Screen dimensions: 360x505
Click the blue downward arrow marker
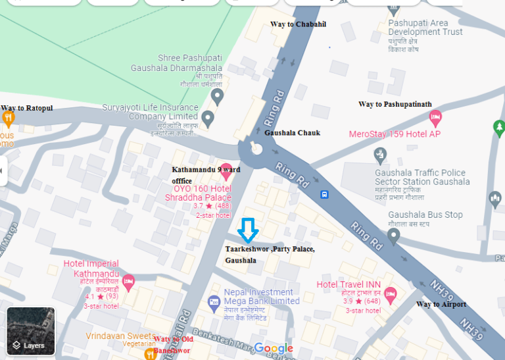(x=248, y=230)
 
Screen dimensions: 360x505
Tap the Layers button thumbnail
(x=31, y=331)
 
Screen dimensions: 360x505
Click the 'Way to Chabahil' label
(x=298, y=24)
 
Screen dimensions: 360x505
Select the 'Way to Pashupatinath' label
(x=395, y=104)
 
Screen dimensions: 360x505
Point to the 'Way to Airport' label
(x=441, y=304)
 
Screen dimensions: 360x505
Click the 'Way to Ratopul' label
(x=26, y=108)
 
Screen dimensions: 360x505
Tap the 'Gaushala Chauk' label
(x=292, y=133)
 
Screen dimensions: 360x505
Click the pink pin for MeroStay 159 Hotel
(x=435, y=118)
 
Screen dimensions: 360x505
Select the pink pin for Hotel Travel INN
(x=390, y=294)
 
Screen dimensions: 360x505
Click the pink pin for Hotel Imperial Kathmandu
(x=128, y=282)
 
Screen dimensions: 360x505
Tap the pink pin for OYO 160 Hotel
(x=226, y=170)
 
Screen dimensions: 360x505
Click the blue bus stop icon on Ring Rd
(x=324, y=194)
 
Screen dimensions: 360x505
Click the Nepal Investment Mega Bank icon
(x=213, y=303)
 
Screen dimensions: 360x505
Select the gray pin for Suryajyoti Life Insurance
(x=208, y=119)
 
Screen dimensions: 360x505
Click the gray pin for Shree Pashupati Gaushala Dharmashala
(x=218, y=97)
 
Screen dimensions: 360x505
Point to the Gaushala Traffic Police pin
(x=380, y=155)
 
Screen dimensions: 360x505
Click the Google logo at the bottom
(x=274, y=348)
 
